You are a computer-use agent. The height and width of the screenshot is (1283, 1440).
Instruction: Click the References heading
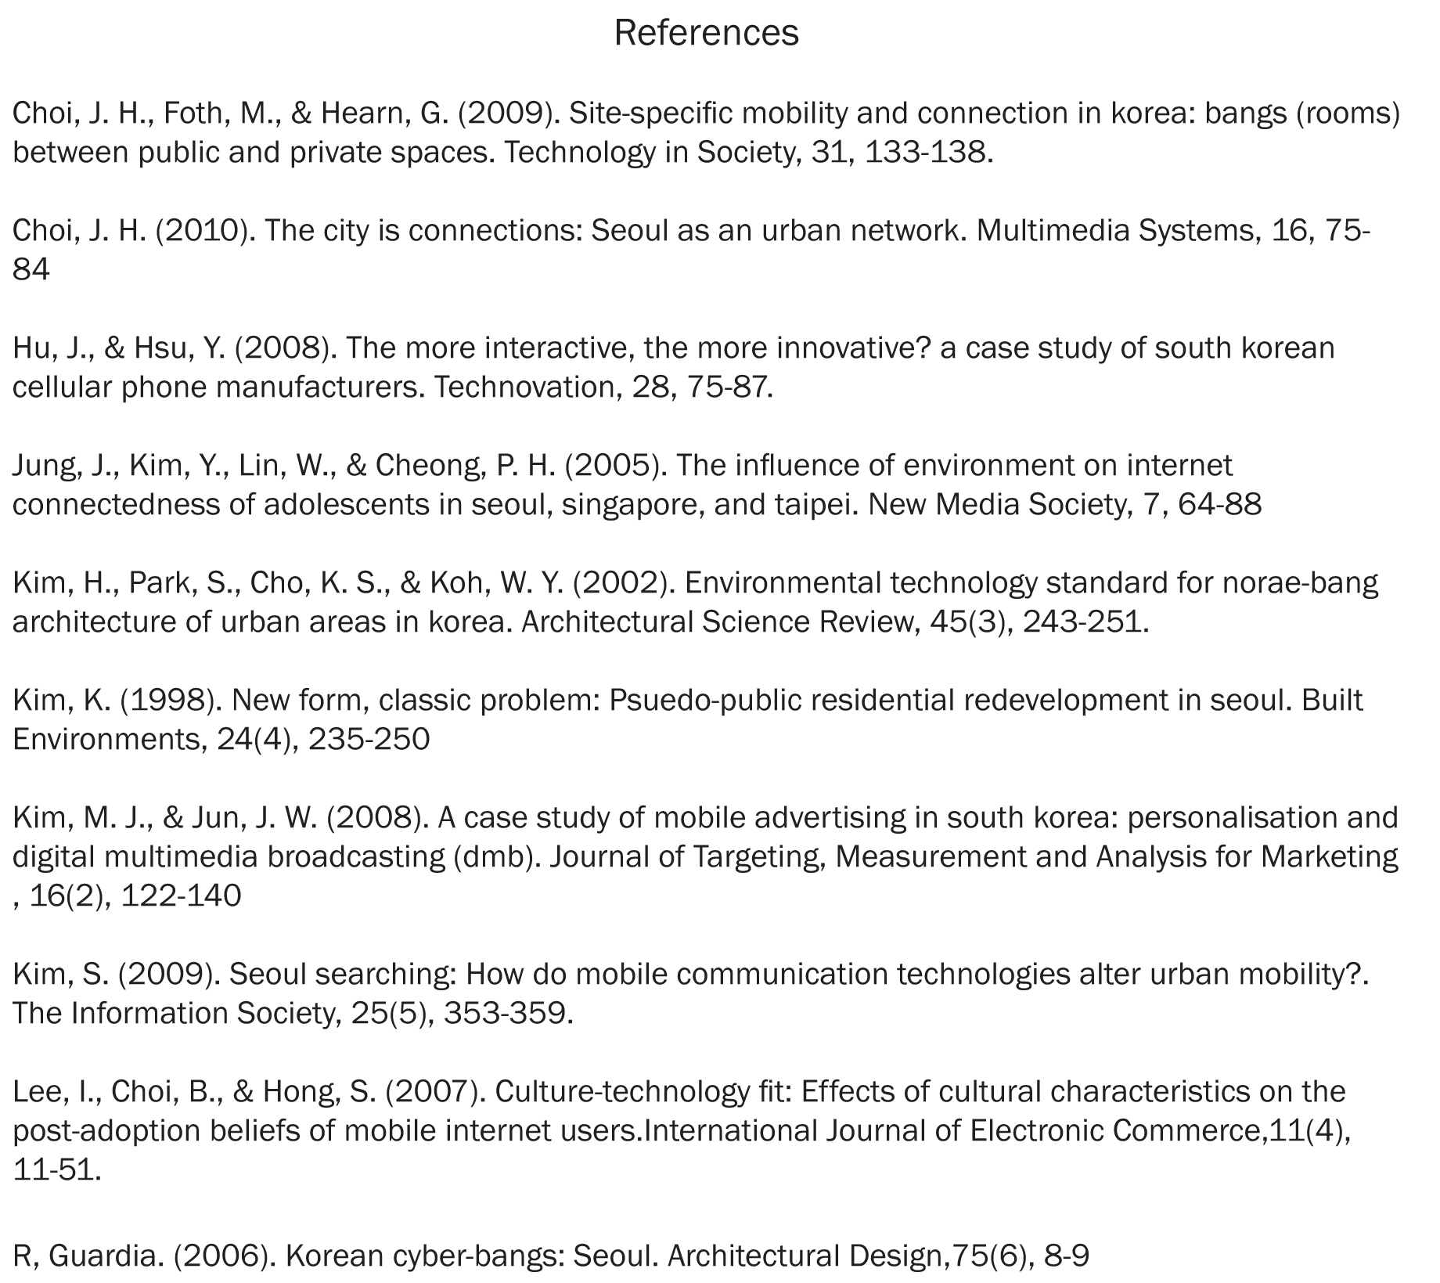pyautogui.click(x=706, y=33)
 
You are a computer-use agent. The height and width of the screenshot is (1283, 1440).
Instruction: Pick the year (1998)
pyautogui.click(x=171, y=701)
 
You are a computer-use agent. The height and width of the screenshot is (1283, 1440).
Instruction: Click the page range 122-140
pyautogui.click(x=181, y=896)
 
